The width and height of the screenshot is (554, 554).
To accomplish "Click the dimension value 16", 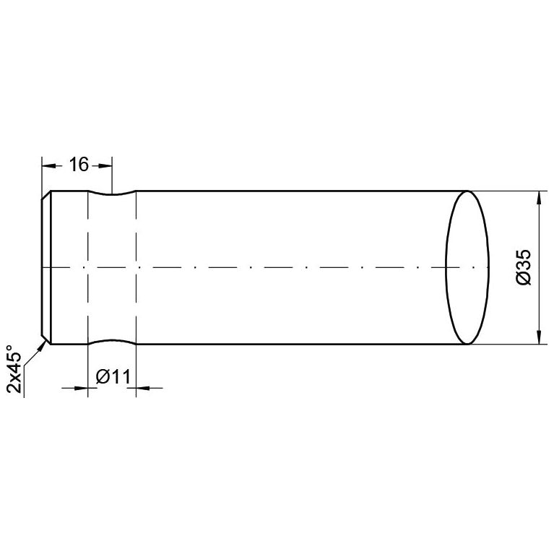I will (78, 165).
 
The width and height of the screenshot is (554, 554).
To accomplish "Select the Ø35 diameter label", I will (525, 267).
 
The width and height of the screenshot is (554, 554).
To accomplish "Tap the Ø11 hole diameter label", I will (112, 376).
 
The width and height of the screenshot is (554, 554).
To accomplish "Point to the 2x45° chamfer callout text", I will (16, 368).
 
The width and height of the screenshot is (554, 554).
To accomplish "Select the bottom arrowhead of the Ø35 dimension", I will (538, 337).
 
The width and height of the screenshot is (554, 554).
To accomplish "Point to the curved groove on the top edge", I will (112, 194).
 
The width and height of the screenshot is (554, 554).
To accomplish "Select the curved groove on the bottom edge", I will (112, 340).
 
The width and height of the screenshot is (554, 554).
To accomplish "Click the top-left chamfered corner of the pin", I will (46, 195).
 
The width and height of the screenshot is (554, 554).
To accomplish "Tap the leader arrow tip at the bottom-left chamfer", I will (46, 342).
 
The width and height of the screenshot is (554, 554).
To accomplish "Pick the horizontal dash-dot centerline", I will (289, 267).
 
